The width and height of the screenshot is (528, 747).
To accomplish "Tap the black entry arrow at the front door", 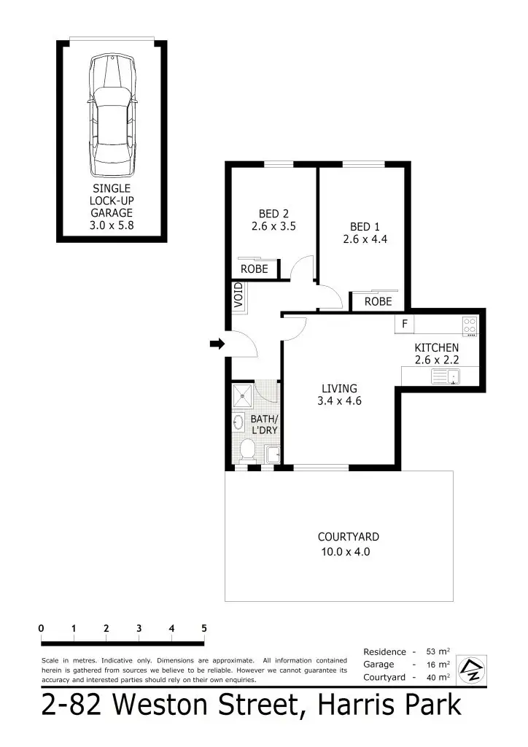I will coord(217,344).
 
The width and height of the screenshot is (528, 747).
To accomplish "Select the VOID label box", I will coord(238,298).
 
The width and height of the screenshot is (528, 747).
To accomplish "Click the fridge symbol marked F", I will coord(404,323).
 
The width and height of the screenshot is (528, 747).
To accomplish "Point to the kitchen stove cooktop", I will coord(469,326).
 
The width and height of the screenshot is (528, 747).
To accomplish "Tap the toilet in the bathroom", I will coord(246,451).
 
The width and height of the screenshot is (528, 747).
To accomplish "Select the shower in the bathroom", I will coord(242,396).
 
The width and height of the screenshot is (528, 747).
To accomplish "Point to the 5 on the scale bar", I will coord(204,628).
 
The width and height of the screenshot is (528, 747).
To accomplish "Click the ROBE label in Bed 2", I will coord(255,269).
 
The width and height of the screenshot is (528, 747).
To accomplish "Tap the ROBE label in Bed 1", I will coord(378,301).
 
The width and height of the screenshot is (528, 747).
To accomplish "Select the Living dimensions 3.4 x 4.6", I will coord(340,400).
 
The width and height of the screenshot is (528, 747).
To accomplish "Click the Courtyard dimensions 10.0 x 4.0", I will coord(346,552).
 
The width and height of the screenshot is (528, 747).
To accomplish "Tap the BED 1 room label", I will coord(365,226).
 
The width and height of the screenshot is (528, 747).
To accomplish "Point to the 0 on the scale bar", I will coord(42,628).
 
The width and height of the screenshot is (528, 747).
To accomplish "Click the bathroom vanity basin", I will coord(238,422).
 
